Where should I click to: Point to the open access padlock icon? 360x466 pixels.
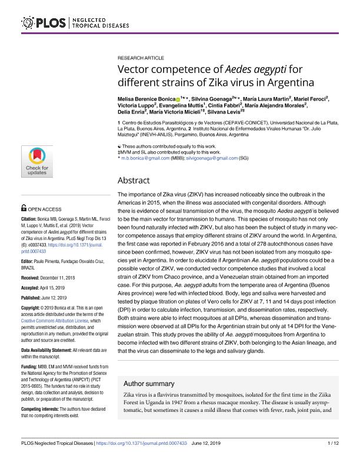(x=24, y=208)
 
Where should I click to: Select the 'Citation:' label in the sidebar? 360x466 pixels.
(x=30, y=217)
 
